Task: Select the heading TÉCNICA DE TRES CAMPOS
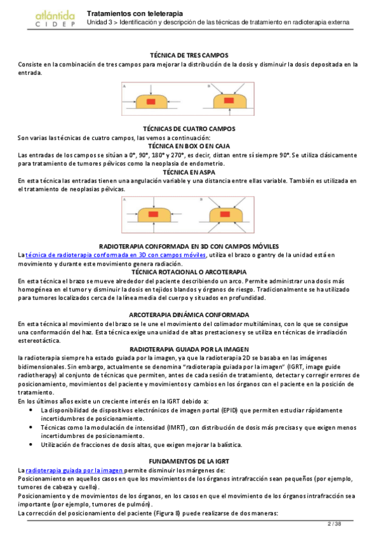click(189, 56)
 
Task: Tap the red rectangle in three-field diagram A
click(151, 102)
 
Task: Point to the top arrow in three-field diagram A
click(151, 88)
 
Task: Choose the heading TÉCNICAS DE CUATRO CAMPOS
click(189, 129)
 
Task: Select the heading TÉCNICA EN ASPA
click(189, 172)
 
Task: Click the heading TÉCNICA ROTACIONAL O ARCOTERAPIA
click(189, 272)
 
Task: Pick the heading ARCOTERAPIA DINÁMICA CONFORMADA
click(189, 315)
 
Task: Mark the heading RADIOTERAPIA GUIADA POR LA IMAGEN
click(189, 350)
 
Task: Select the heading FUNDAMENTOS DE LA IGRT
click(189, 460)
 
